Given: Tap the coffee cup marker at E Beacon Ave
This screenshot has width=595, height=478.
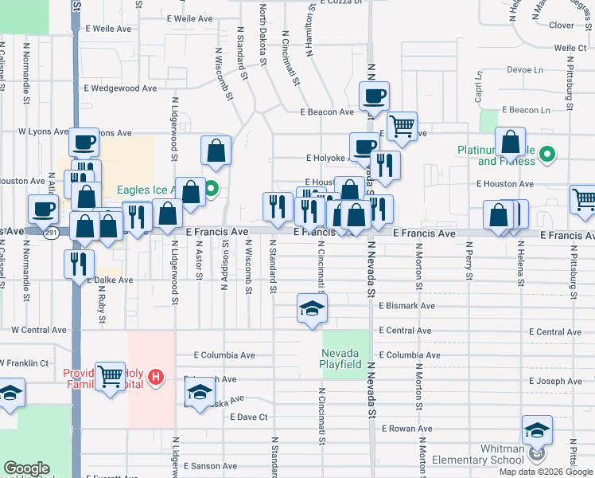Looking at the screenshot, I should click(x=374, y=96).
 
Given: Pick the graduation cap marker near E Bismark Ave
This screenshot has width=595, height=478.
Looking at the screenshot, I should click(x=313, y=308).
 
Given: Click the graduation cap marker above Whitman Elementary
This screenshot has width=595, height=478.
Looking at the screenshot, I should click(x=538, y=430).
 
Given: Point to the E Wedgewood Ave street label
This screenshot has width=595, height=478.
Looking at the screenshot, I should click(x=121, y=88).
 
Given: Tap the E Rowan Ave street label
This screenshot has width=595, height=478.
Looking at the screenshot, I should click(x=407, y=429).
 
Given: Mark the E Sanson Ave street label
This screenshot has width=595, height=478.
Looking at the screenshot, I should click(x=210, y=466).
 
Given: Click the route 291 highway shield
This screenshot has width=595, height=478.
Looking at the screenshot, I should click(x=51, y=233).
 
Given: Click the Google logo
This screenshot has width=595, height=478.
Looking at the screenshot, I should click(x=27, y=468).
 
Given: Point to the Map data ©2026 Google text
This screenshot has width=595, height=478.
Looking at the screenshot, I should click(x=546, y=472).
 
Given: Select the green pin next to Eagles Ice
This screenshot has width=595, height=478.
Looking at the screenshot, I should click(x=212, y=190).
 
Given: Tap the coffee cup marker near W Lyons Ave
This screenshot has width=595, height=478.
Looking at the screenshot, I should click(x=84, y=143).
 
